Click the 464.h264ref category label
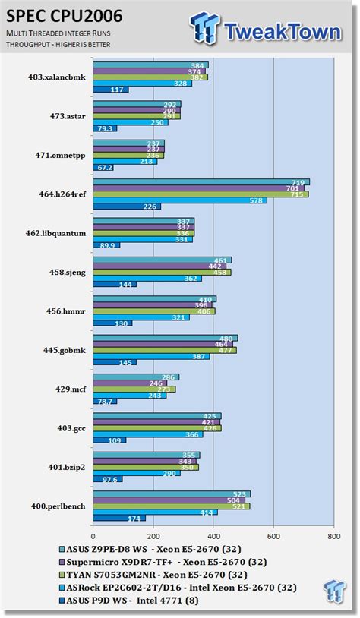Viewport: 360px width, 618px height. click(59, 194)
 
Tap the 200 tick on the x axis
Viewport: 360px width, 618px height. click(153, 534)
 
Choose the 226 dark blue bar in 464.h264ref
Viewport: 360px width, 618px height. click(125, 207)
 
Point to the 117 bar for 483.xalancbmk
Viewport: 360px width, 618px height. click(109, 90)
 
